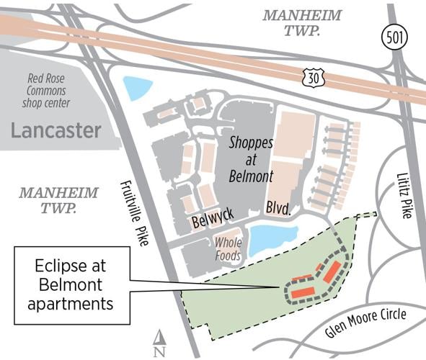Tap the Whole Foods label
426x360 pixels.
click(x=228, y=248)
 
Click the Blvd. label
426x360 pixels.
click(x=278, y=210)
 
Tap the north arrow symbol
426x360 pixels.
click(x=160, y=336)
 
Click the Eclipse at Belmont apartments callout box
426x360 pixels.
click(x=71, y=284)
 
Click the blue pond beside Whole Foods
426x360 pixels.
click(x=272, y=238)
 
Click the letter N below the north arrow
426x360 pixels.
click(x=160, y=351)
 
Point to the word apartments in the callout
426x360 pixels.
click(x=71, y=303)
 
